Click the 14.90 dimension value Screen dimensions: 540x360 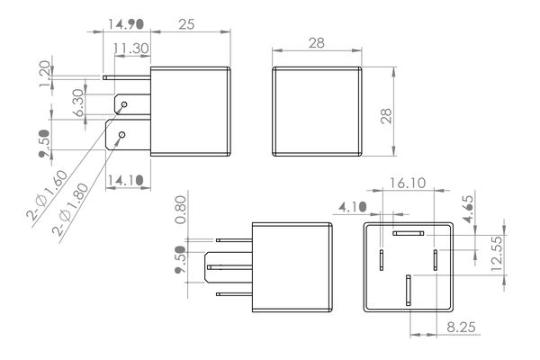coord(125,24)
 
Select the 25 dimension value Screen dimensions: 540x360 coord(186,24)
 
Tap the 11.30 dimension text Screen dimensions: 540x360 coord(131,49)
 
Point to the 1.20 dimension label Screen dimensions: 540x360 coord(45,74)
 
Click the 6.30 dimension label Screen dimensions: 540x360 coord(78,103)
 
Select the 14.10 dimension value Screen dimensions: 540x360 coord(125,180)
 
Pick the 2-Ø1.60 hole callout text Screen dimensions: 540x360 coord(48,195)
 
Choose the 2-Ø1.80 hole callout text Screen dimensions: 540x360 coord(70,210)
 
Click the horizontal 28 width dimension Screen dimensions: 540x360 coord(317,43)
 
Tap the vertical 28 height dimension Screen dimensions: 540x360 coord(386,116)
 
